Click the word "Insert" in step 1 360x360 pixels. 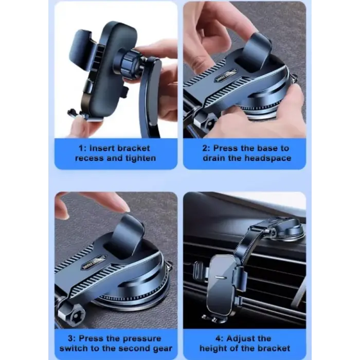101,148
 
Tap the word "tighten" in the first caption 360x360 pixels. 140,158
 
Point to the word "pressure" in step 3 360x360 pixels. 142,338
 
